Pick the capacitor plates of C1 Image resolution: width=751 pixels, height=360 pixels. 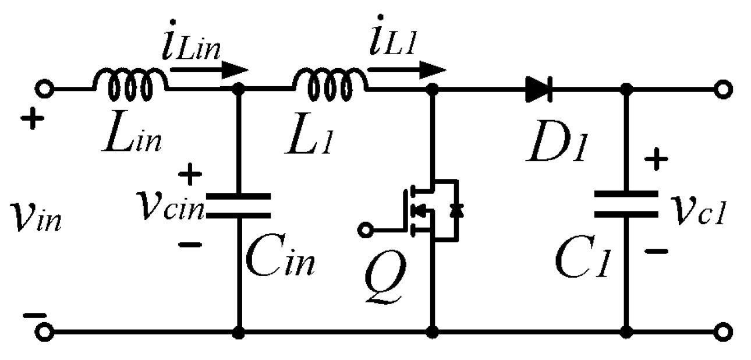626,204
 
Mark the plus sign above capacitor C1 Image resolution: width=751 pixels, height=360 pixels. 657,158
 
